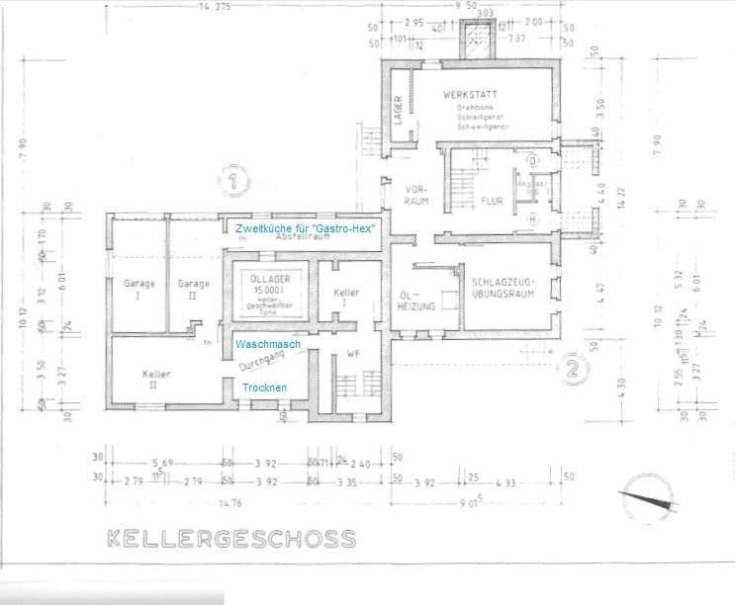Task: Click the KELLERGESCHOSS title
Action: tap(230, 539)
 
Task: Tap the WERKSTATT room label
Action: tap(469, 95)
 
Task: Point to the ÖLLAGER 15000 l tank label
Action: tap(262, 292)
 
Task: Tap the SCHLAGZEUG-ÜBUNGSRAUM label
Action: tap(504, 285)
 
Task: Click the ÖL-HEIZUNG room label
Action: tap(411, 302)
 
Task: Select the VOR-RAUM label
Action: tap(415, 195)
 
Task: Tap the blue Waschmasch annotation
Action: tap(267, 344)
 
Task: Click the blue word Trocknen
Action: tap(265, 388)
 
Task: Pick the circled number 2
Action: tap(573, 371)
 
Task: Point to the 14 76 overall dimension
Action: tap(230, 501)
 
